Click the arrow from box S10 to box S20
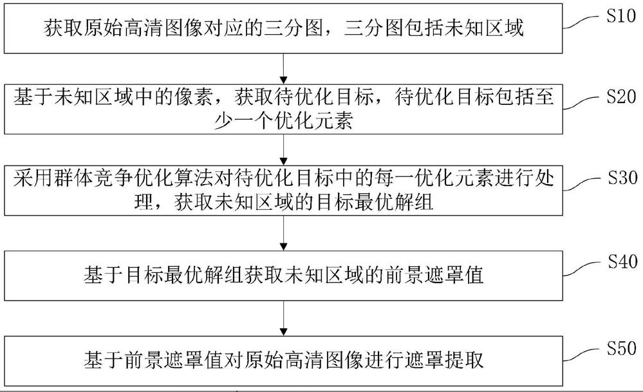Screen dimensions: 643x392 click(x=284, y=67)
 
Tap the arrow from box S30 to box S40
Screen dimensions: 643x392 click(x=284, y=233)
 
